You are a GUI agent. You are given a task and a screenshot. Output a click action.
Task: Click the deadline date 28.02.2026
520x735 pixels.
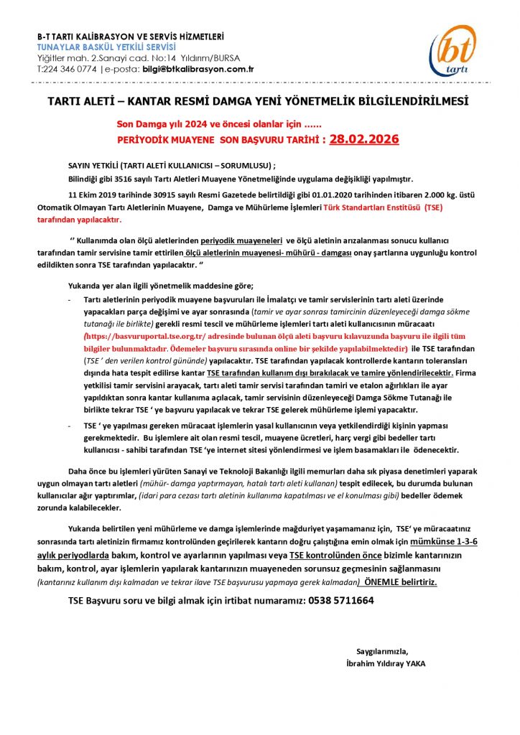[x=364, y=139]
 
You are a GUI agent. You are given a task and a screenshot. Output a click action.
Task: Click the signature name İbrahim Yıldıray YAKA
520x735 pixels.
[x=385, y=664]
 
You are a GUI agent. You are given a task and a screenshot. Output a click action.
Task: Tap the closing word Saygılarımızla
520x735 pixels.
[x=386, y=651]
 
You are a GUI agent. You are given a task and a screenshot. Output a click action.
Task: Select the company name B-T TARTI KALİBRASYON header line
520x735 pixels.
[x=131, y=37]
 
